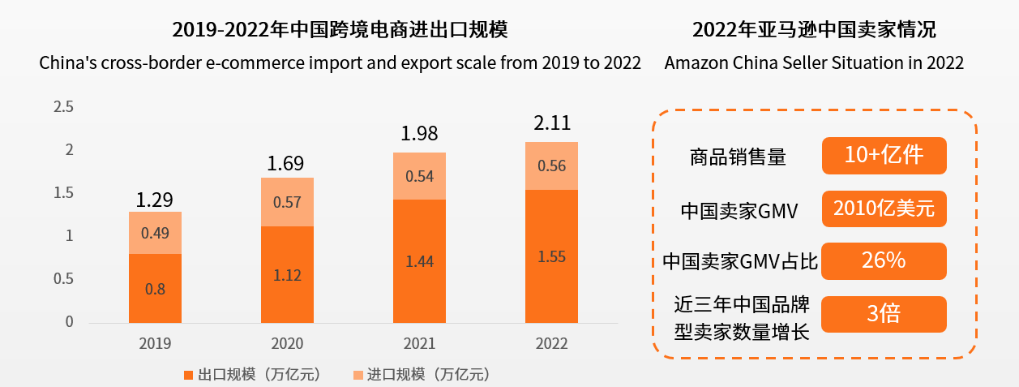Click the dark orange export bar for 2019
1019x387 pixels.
coord(155,288)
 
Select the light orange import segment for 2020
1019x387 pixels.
coord(287,202)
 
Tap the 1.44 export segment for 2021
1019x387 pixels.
coord(419,260)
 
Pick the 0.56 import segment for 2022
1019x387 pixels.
coord(551,166)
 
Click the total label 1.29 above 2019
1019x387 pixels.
coord(155,200)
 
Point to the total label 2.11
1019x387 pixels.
coord(551,123)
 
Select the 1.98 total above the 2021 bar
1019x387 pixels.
coord(419,134)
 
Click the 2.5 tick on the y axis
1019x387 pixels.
coord(63,107)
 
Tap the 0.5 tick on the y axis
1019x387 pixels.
coord(63,279)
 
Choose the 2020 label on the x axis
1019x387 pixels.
coord(287,343)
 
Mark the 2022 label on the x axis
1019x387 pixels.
coord(551,343)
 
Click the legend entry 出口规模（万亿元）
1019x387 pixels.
coord(253,374)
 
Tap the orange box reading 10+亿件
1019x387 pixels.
coord(884,156)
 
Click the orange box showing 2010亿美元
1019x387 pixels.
coord(884,209)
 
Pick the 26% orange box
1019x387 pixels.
coord(884,261)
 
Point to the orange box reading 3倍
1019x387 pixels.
coord(884,314)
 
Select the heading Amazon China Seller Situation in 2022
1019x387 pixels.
coord(814,63)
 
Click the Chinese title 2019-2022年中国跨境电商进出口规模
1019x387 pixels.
coord(340,31)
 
